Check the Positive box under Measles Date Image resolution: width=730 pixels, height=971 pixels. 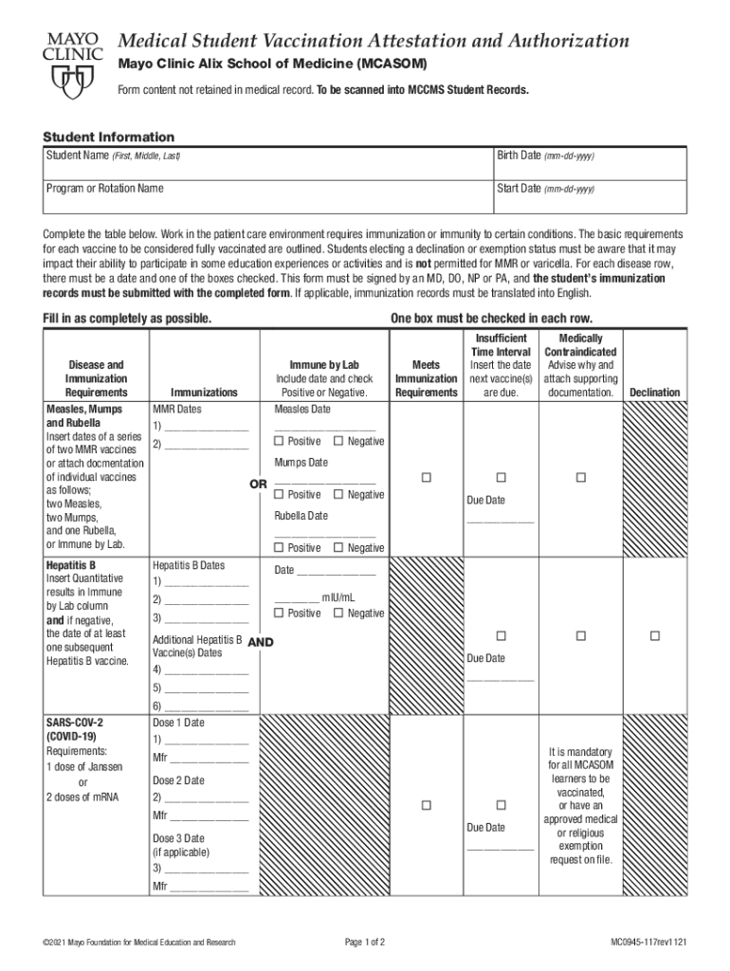(279, 441)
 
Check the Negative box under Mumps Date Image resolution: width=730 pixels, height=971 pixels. (338, 494)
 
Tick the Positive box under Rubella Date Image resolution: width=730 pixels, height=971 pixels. (279, 547)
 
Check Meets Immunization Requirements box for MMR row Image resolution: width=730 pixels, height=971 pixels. (426, 477)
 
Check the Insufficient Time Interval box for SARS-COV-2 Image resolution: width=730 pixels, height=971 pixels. (501, 805)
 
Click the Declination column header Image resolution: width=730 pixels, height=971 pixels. (654, 392)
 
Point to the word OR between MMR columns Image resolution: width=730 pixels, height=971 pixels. (258, 484)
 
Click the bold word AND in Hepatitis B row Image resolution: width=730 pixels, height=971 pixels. (260, 642)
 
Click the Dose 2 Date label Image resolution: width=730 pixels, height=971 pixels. (178, 780)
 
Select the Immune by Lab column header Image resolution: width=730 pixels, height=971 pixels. (324, 365)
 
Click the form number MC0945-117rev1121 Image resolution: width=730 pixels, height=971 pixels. (649, 942)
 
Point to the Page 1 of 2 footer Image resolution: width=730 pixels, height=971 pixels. (365, 942)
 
